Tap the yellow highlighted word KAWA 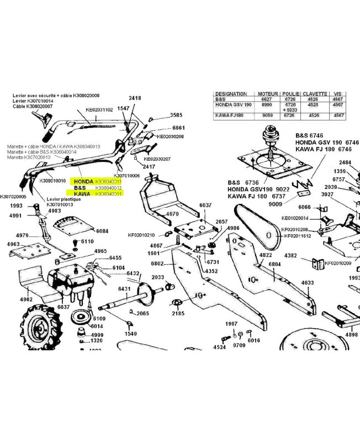[82, 194]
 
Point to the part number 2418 [135, 98]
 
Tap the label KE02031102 [99, 110]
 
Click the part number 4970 [172, 213]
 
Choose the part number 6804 [274, 264]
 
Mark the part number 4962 [26, 299]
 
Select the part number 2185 [178, 313]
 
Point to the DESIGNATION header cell [231, 94]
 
